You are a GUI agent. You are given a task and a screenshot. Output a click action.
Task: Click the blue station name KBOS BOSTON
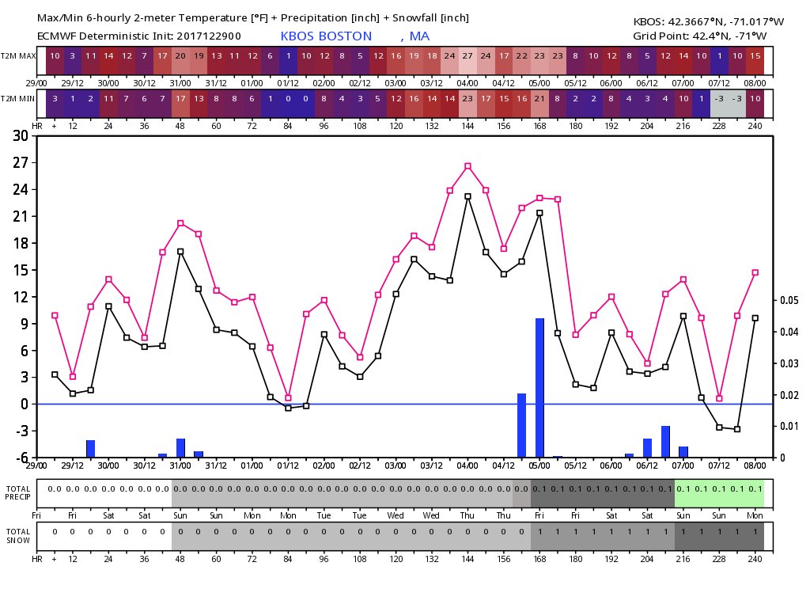click(x=326, y=36)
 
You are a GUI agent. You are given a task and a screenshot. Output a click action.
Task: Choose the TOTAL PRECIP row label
click(x=20, y=492)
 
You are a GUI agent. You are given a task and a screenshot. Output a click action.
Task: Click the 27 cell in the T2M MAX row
click(x=467, y=57)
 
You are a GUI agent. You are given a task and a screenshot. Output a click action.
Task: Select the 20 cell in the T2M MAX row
click(x=180, y=57)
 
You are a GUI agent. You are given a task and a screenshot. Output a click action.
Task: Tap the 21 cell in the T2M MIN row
click(x=539, y=97)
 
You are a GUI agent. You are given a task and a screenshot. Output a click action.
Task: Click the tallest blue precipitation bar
click(x=540, y=388)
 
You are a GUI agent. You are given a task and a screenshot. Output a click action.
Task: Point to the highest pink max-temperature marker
click(x=467, y=166)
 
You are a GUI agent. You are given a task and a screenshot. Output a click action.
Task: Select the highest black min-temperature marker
click(x=467, y=196)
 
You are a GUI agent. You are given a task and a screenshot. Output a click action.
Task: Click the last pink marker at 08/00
click(x=755, y=272)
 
